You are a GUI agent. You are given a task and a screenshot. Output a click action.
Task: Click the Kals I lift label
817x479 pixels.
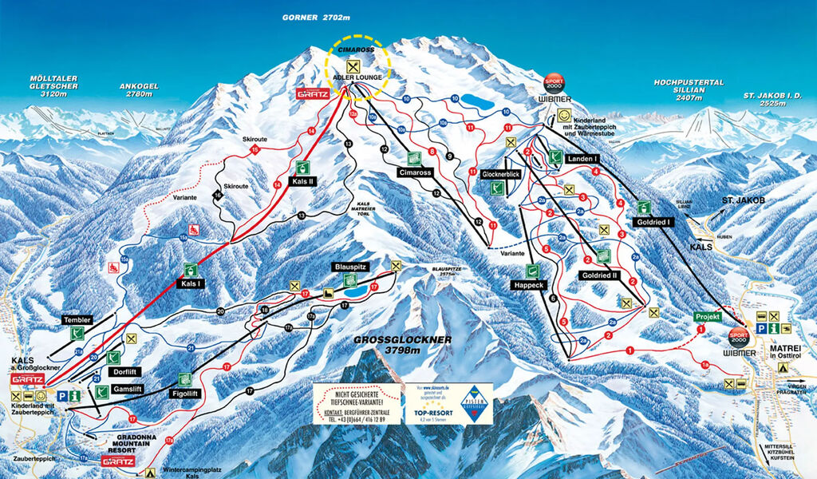(190, 283)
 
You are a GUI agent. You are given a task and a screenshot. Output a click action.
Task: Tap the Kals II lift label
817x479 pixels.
(303, 181)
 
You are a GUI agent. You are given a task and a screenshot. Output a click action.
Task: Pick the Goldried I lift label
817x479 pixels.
(652, 222)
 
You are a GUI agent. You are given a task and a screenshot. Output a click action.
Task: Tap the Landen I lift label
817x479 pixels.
(582, 159)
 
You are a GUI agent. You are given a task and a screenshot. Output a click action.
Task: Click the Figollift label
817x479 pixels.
(184, 392)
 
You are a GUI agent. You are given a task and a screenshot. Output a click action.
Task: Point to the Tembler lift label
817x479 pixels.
(77, 320)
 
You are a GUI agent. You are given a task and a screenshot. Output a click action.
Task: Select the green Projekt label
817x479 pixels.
(707, 317)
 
